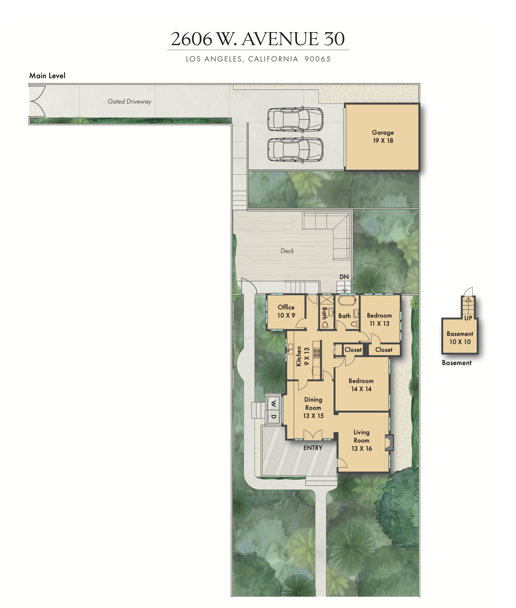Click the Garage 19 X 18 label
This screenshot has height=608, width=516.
(x=383, y=137)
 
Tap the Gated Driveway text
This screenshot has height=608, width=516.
(x=129, y=102)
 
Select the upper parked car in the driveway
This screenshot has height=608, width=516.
(x=295, y=119)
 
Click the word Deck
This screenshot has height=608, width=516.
(x=287, y=251)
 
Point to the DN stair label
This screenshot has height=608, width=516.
(x=344, y=277)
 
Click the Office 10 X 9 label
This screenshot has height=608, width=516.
(x=286, y=311)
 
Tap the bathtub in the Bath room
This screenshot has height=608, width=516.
(x=347, y=300)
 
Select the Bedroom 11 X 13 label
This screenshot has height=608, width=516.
(x=379, y=320)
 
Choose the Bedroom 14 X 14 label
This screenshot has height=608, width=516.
(x=361, y=385)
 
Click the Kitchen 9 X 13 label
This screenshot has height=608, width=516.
(x=302, y=356)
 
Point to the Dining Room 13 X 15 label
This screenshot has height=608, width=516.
(x=313, y=408)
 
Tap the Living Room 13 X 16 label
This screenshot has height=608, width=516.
(x=362, y=440)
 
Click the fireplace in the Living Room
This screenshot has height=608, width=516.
(x=389, y=443)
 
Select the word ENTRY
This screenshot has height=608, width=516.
(x=313, y=448)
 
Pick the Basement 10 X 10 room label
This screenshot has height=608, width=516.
(x=460, y=338)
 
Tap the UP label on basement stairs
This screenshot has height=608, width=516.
(x=468, y=318)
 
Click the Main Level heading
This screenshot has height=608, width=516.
(x=47, y=76)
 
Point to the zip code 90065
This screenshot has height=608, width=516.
(x=317, y=59)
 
